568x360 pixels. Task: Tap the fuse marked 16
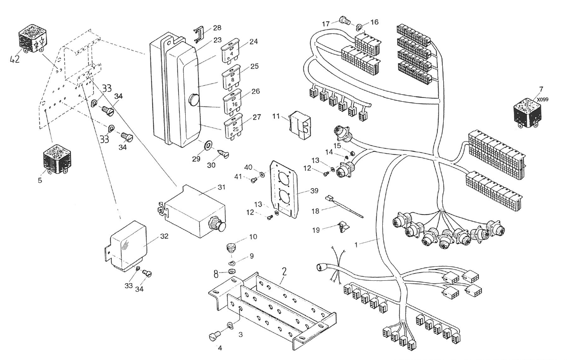coord(233,102)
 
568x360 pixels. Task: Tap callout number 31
coord(221,187)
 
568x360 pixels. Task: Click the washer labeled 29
coord(207,145)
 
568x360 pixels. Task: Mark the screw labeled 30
coord(223,155)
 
